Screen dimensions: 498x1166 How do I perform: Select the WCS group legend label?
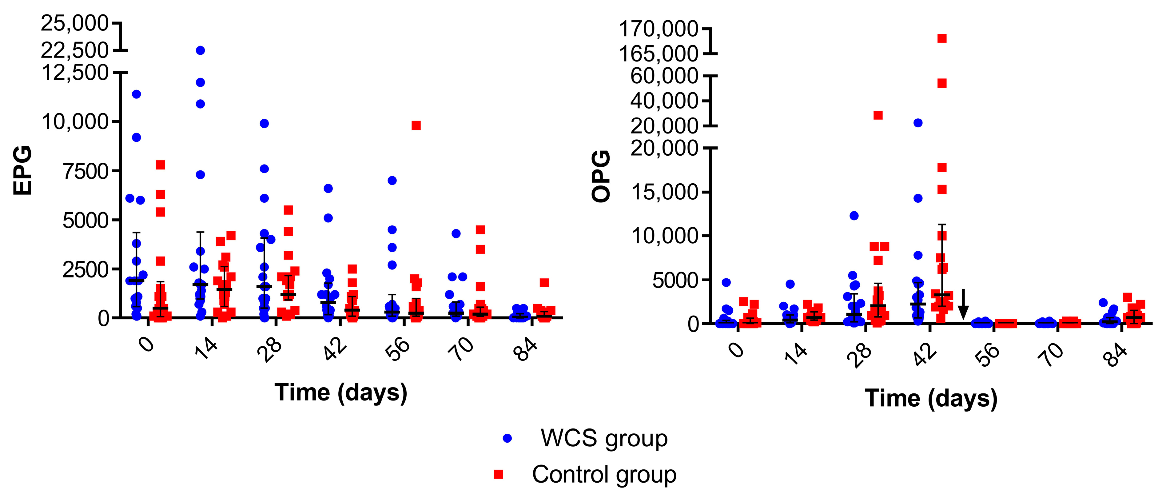pos(604,438)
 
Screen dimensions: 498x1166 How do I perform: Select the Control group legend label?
pos(604,474)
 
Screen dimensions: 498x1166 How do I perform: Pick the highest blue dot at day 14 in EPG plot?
pos(200,50)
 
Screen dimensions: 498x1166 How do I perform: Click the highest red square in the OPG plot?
pos(942,38)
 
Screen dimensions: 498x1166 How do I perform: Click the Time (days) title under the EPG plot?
pos(341,392)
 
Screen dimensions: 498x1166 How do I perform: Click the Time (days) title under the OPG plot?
pos(931,398)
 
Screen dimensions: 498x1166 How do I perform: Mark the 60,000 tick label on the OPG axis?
pos(664,76)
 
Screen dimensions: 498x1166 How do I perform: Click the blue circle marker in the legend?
pos(507,438)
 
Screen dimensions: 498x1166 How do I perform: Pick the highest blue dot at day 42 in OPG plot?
pos(918,123)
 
